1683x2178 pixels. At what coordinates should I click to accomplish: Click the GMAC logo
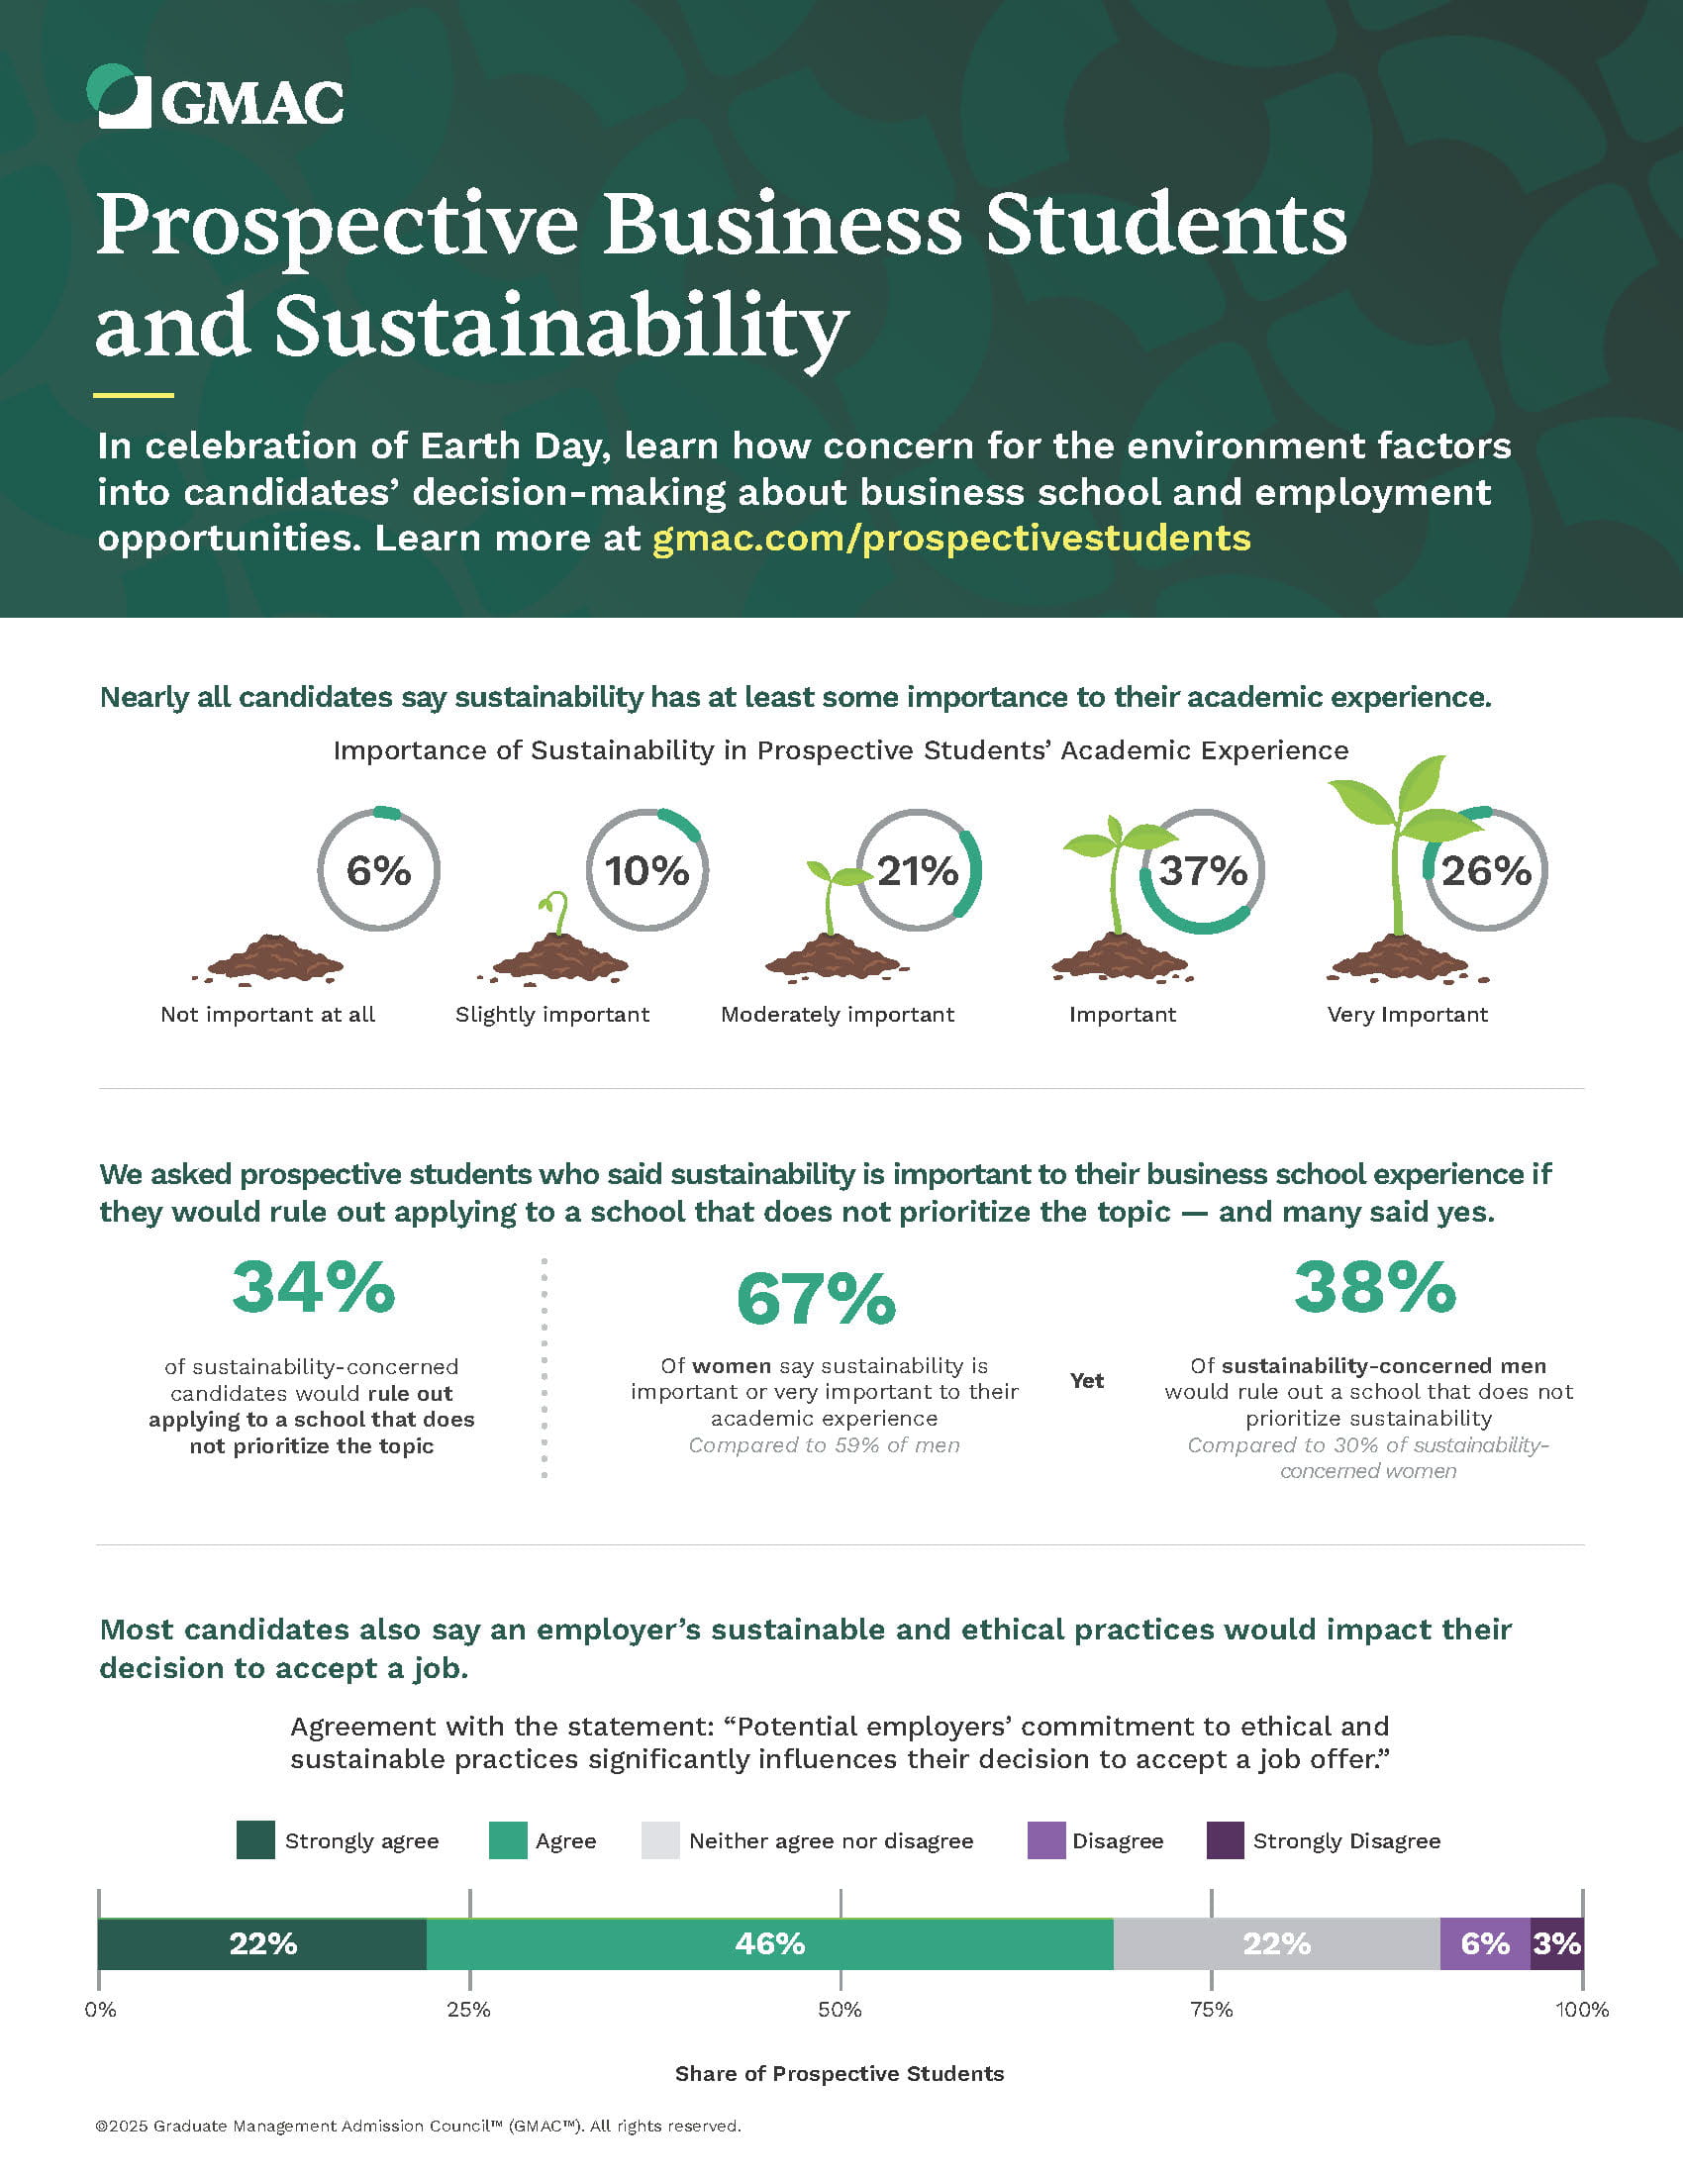[x=215, y=98]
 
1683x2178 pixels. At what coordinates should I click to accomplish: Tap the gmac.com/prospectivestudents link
[x=951, y=539]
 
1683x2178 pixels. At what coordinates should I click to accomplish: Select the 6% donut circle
[x=378, y=870]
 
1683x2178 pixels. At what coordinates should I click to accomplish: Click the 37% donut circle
[x=1203, y=870]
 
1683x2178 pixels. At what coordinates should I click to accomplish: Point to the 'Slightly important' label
[x=551, y=1014]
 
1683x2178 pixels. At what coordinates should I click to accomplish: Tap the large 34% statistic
[x=313, y=1287]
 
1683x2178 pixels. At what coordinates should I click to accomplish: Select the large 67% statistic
[x=816, y=1300]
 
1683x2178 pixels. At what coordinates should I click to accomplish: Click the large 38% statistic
[x=1374, y=1287]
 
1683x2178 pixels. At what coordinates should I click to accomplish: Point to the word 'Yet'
[x=1086, y=1380]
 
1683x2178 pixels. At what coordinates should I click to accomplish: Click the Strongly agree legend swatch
[x=255, y=1840]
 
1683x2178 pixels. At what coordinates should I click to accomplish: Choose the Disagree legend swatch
[x=1045, y=1840]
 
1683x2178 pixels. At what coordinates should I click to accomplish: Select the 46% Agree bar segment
[x=768, y=1943]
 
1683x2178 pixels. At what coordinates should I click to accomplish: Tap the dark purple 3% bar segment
[x=1556, y=1943]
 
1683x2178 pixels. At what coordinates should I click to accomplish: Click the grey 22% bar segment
[x=1275, y=1943]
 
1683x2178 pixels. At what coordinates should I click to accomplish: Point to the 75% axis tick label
[x=1211, y=2010]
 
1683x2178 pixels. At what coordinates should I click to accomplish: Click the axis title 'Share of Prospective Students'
[x=839, y=2073]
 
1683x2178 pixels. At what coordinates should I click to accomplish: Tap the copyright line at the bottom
[x=418, y=2126]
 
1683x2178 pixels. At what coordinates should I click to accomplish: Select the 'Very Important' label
[x=1407, y=1014]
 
